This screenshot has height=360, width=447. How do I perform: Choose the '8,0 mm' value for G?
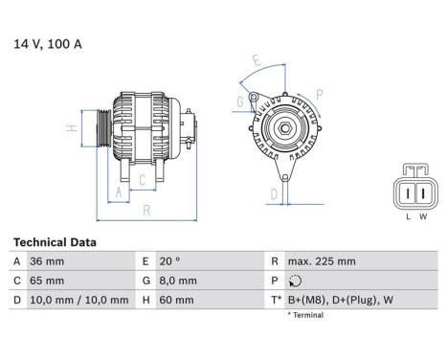tap(179, 281)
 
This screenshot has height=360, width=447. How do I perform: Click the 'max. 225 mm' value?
tap(322, 261)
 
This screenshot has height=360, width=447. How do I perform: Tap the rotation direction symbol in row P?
tap(293, 281)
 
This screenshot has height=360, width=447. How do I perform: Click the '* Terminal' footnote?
tap(306, 315)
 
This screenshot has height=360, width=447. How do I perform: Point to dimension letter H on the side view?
tap(72, 127)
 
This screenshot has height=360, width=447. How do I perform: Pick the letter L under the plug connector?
tap(408, 216)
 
